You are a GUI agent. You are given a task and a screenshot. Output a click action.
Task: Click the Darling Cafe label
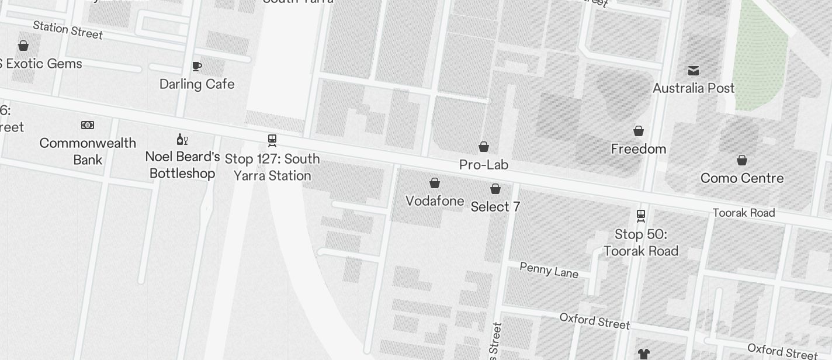tap(197, 84)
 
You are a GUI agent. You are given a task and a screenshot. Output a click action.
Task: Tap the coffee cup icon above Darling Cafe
tap(197, 66)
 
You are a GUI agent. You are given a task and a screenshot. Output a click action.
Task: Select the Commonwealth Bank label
tap(88, 151)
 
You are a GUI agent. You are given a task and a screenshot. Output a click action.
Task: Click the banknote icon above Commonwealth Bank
tap(88, 125)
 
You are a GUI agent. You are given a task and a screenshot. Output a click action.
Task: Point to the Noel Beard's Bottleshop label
tap(182, 165)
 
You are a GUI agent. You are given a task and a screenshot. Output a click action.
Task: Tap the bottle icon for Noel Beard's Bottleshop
tap(182, 139)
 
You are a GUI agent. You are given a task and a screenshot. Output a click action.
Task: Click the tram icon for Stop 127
tap(272, 140)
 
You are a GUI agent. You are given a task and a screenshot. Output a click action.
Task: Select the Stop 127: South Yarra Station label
tap(272, 167)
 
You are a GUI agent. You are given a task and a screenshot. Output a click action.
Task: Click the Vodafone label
tap(435, 201)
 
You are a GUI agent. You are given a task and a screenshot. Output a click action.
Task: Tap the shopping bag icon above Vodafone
tap(435, 183)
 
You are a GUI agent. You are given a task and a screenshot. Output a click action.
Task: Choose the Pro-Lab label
tap(484, 165)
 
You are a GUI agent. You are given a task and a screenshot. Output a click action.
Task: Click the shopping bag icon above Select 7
tap(495, 189)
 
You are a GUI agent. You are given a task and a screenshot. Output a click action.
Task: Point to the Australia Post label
tap(694, 88)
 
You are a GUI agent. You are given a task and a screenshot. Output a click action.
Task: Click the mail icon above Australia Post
tap(694, 71)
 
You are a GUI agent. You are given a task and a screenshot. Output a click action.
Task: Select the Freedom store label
tap(639, 149)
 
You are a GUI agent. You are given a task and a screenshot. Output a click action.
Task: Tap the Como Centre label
tap(742, 178)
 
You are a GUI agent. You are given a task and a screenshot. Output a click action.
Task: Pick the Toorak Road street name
tap(744, 213)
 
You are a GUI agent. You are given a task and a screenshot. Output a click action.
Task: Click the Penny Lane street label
tap(549, 270)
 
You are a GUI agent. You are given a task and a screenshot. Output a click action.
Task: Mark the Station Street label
tap(68, 30)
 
